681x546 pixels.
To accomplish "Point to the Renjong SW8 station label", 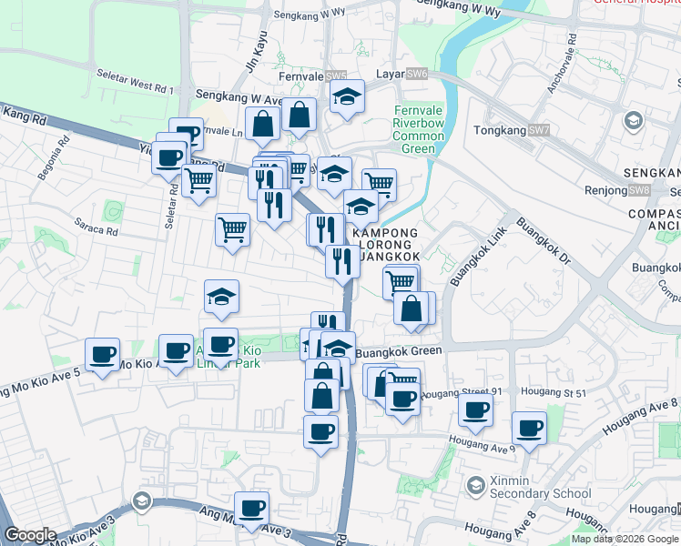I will (x=627, y=190).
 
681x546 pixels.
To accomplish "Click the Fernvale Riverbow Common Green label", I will (x=419, y=130).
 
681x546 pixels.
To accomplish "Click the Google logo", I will (x=30, y=535).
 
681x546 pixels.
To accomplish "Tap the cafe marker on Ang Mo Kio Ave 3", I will (x=251, y=508).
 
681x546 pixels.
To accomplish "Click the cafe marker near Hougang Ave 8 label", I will (x=529, y=428).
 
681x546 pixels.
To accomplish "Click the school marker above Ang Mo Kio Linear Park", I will (x=220, y=295).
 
